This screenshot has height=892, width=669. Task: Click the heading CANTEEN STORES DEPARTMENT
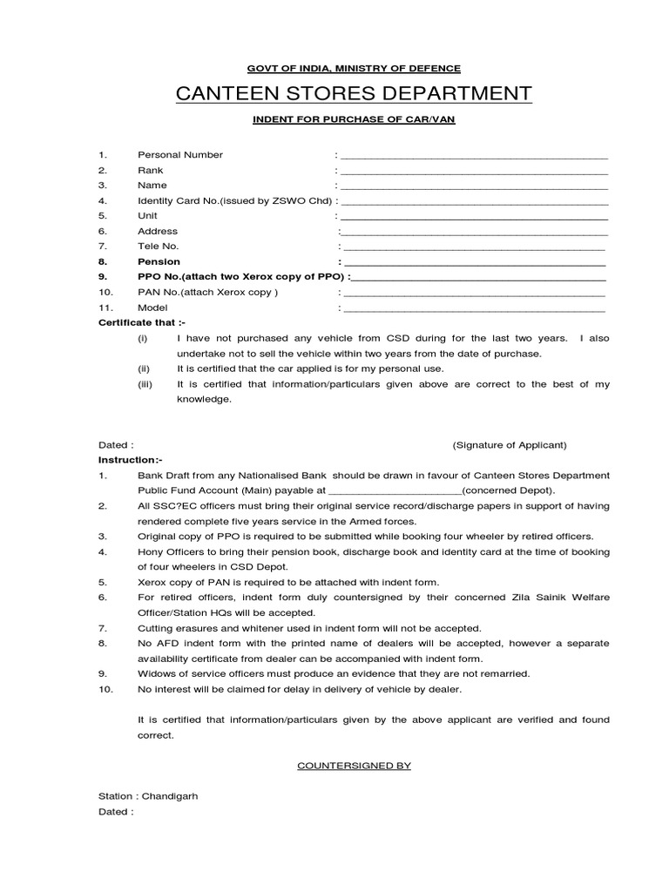pos(353,93)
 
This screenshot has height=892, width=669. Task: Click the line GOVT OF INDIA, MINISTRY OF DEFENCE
pos(353,68)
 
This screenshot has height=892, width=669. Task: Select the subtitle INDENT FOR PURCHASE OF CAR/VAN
pos(353,119)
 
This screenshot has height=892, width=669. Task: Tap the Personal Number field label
pos(180,155)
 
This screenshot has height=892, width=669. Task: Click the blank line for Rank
pos(474,172)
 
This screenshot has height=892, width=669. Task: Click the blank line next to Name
pos(474,186)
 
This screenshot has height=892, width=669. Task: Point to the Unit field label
pos(147,216)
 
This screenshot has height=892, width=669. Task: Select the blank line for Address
pos(474,233)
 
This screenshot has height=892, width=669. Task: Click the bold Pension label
pos(159,261)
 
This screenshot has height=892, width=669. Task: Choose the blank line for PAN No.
pos(474,294)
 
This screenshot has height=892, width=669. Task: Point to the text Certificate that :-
pos(136,323)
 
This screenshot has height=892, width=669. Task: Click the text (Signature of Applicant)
pos(509,445)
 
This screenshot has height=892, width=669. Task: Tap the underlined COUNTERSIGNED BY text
pos(354,765)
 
